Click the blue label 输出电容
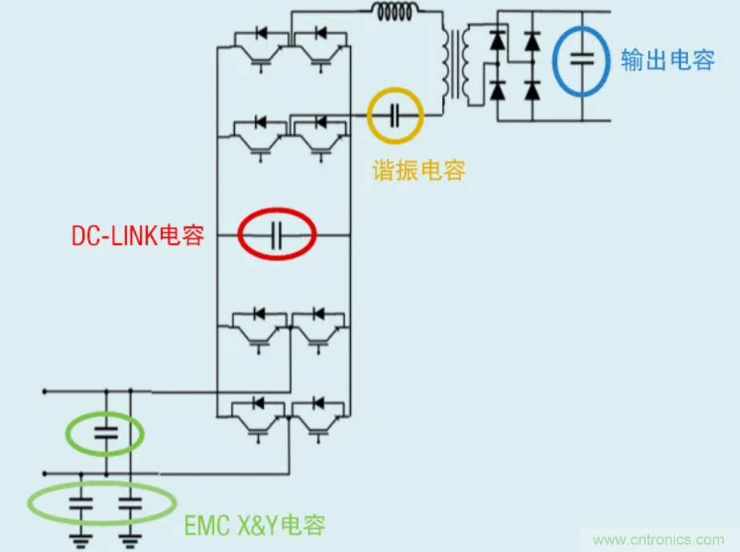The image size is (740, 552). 667,60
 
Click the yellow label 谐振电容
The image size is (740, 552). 418,169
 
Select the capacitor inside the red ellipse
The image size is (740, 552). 276,235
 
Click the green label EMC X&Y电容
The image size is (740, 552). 254,525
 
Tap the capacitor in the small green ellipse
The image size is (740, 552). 105,434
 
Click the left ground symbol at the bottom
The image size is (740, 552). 81,540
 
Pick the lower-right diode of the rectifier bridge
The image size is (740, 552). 532,90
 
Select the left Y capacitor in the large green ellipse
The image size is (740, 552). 81,503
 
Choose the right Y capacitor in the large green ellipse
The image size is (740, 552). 131,503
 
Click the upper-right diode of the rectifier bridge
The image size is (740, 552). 532,39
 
